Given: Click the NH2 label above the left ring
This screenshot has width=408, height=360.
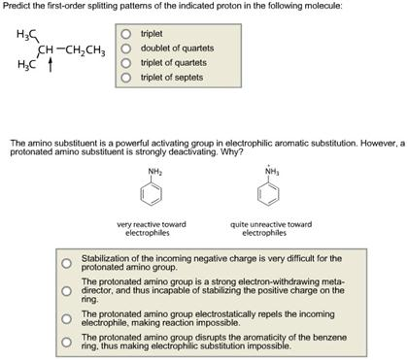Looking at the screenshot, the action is pyautogui.click(x=154, y=171).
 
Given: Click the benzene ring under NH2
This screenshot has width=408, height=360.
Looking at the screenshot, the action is pyautogui.click(x=154, y=197).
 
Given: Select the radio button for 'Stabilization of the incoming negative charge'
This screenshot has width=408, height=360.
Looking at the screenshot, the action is pyautogui.click(x=66, y=262).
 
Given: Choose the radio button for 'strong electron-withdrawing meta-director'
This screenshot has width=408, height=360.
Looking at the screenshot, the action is pyautogui.click(x=66, y=289).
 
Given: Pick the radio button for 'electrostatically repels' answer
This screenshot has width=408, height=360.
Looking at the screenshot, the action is pyautogui.click(x=66, y=317).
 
